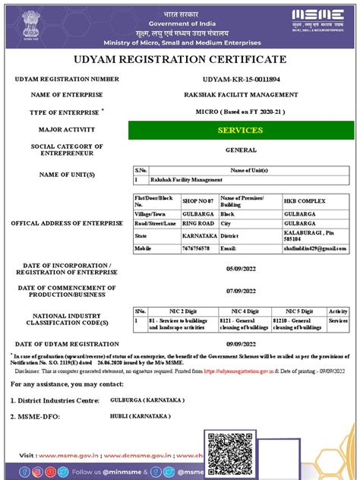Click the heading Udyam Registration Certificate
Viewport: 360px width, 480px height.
click(x=180, y=59)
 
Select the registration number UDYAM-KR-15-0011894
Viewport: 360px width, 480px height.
click(x=241, y=80)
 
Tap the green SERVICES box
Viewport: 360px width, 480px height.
click(x=241, y=131)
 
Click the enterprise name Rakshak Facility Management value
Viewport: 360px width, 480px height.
click(x=241, y=95)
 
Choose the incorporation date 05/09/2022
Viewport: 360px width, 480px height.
click(x=241, y=268)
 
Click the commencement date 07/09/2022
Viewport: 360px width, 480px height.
click(x=241, y=292)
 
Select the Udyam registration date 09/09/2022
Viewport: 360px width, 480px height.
click(x=241, y=344)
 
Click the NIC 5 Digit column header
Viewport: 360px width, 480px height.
click(x=298, y=311)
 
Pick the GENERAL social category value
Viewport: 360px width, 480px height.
click(x=241, y=150)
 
